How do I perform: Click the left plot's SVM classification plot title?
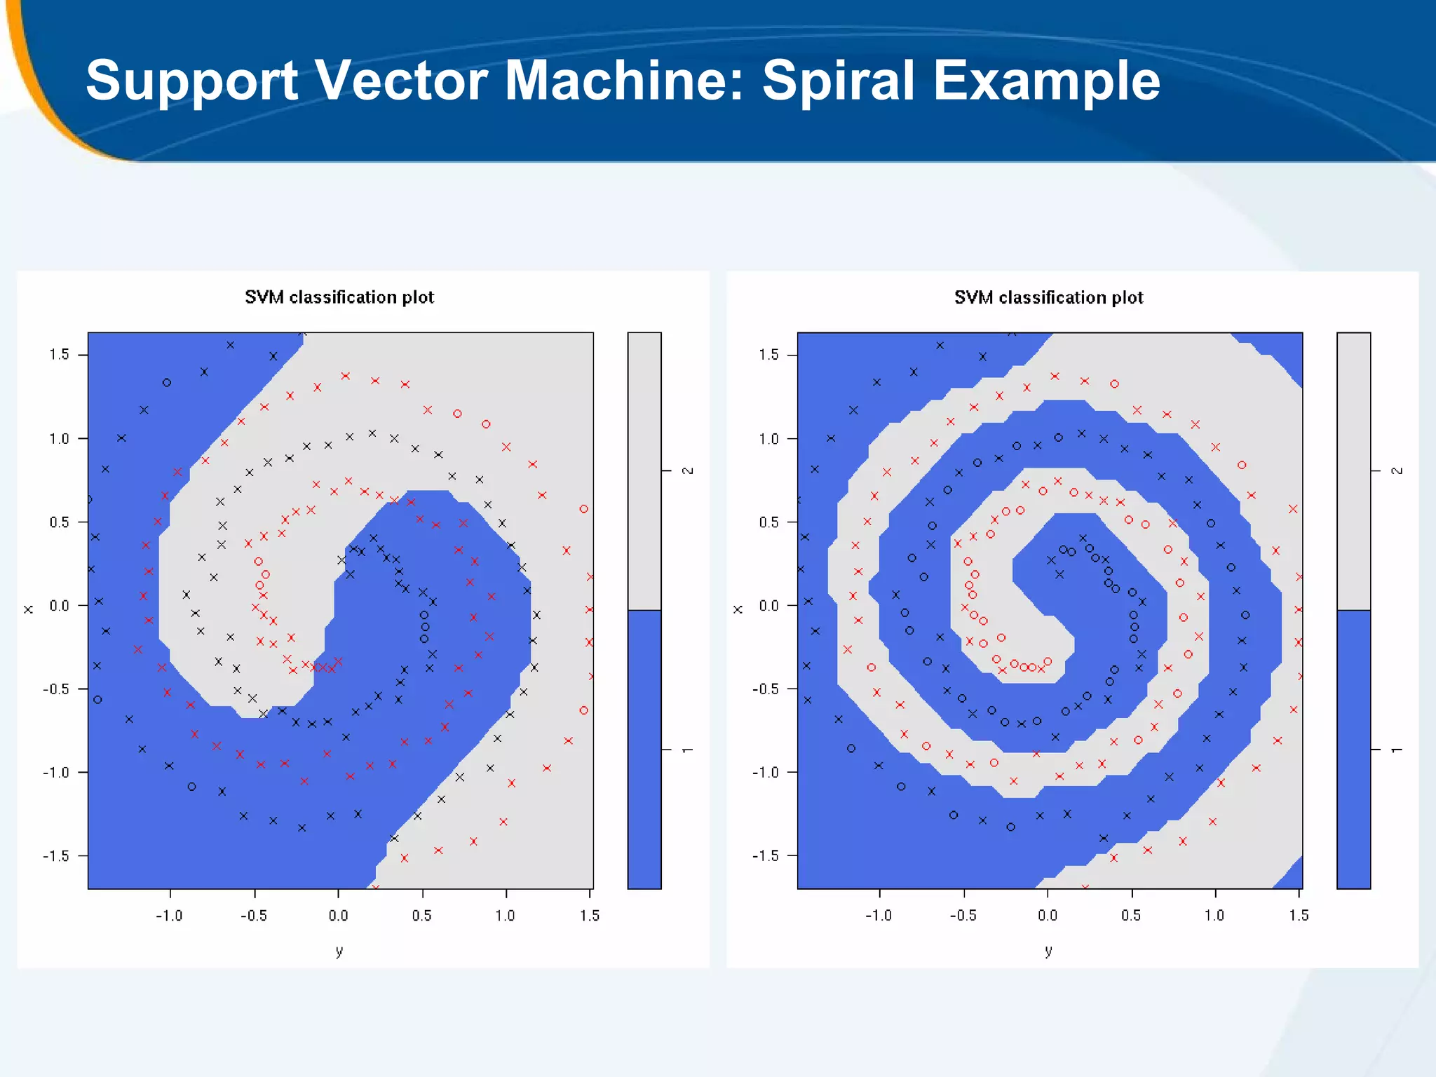coord(339,297)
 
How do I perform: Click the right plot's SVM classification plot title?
coord(1048,297)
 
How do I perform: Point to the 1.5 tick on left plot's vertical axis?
coord(60,355)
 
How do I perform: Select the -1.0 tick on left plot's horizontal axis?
coord(169,916)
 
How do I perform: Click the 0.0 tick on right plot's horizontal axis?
coord(1047,916)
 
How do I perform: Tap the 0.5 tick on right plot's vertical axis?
coord(768,522)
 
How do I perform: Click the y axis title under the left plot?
coord(339,951)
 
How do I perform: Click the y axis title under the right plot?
coord(1048,951)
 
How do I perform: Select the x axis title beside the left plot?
coord(29,609)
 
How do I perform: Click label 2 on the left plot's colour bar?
coord(688,470)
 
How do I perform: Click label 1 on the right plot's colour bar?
coord(1397,750)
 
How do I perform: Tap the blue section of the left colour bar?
coord(644,750)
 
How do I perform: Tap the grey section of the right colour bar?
coord(1353,470)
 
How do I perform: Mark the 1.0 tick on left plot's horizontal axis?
coord(506,916)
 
